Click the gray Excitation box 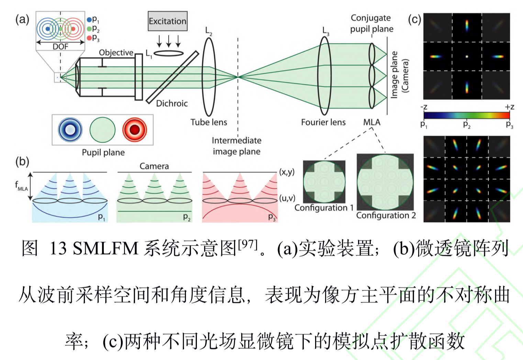coord(168,21)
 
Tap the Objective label coord(116,53)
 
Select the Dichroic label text coord(172,103)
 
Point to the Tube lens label coord(209,122)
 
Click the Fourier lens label coord(323,122)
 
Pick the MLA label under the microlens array coord(372,122)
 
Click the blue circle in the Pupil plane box coord(70,130)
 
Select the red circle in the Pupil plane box coord(135,130)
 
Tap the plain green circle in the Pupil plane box coord(102,130)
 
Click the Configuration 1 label coord(324,208)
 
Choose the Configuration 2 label coord(386,215)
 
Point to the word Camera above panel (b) coord(154,166)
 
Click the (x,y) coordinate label coord(287,172)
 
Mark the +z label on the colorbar coord(509,107)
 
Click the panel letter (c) coord(414,19)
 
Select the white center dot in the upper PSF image coord(467,56)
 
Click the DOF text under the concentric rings coord(60,46)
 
